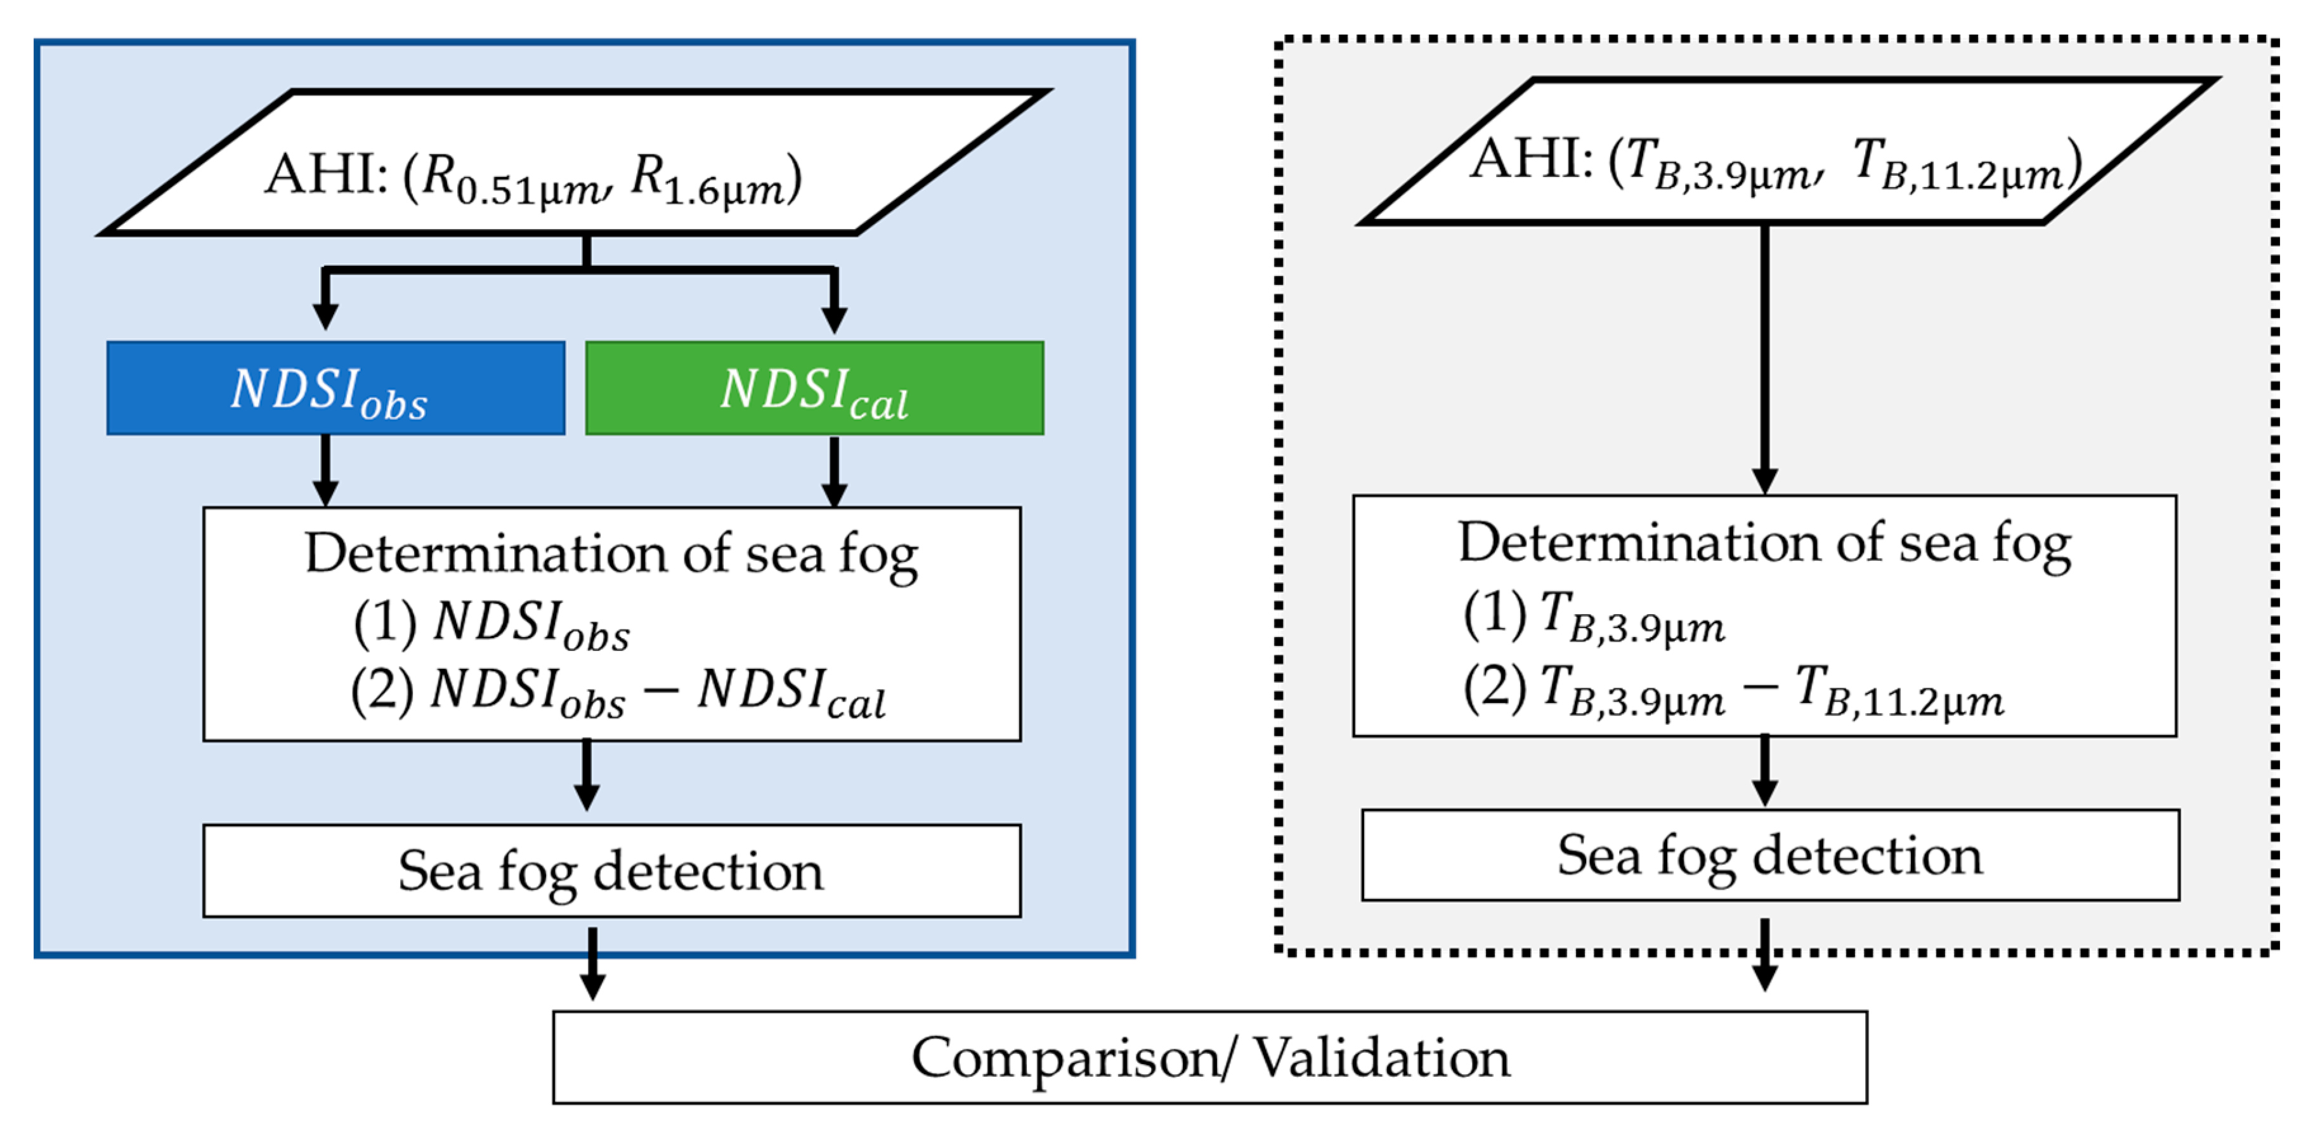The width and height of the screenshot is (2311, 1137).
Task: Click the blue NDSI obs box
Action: pos(335,388)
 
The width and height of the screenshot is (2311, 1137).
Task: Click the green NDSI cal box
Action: pos(814,388)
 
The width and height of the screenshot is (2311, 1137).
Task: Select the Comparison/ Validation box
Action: pos(1209,1056)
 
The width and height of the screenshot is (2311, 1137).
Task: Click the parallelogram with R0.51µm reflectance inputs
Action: pos(574,162)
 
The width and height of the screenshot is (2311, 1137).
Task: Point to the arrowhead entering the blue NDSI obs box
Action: pos(325,316)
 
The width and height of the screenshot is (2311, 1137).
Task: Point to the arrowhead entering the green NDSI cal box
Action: pos(835,318)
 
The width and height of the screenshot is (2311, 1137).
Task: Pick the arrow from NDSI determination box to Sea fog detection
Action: pos(587,773)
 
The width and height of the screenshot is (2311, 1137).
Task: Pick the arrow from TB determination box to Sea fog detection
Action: pos(1765,770)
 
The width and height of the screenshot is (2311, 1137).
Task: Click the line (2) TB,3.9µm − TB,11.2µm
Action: pos(1731,690)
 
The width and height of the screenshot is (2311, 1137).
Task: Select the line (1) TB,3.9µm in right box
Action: pos(1593,617)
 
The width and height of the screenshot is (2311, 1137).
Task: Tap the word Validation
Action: pos(1381,1056)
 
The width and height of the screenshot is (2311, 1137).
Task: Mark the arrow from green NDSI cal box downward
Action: pos(835,471)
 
